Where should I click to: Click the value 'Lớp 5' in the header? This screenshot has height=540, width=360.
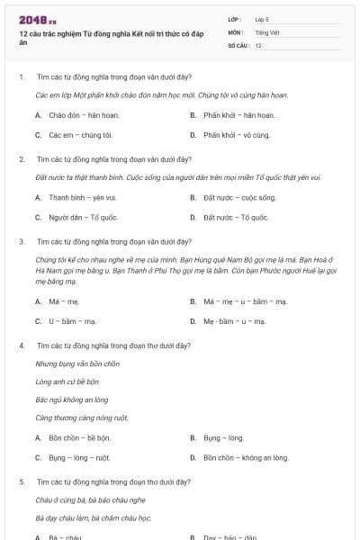pos(262,18)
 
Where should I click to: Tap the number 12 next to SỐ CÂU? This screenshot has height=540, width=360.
pos(258,45)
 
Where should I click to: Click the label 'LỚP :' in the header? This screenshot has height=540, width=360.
pos(236,18)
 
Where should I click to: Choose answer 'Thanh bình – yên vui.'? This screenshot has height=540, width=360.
pos(83,197)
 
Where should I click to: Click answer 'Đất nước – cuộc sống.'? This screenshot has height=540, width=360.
pos(239,197)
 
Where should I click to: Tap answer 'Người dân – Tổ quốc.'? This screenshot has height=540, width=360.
pos(84,217)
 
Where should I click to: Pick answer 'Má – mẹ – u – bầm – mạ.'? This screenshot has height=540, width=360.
pos(245,301)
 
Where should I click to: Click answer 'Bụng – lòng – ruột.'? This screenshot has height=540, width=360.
pos(79,457)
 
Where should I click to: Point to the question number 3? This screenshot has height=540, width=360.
pos(22,241)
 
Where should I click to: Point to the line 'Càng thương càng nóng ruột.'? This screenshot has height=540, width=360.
pos(82,418)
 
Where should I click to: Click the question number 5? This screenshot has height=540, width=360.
pos(22,482)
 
